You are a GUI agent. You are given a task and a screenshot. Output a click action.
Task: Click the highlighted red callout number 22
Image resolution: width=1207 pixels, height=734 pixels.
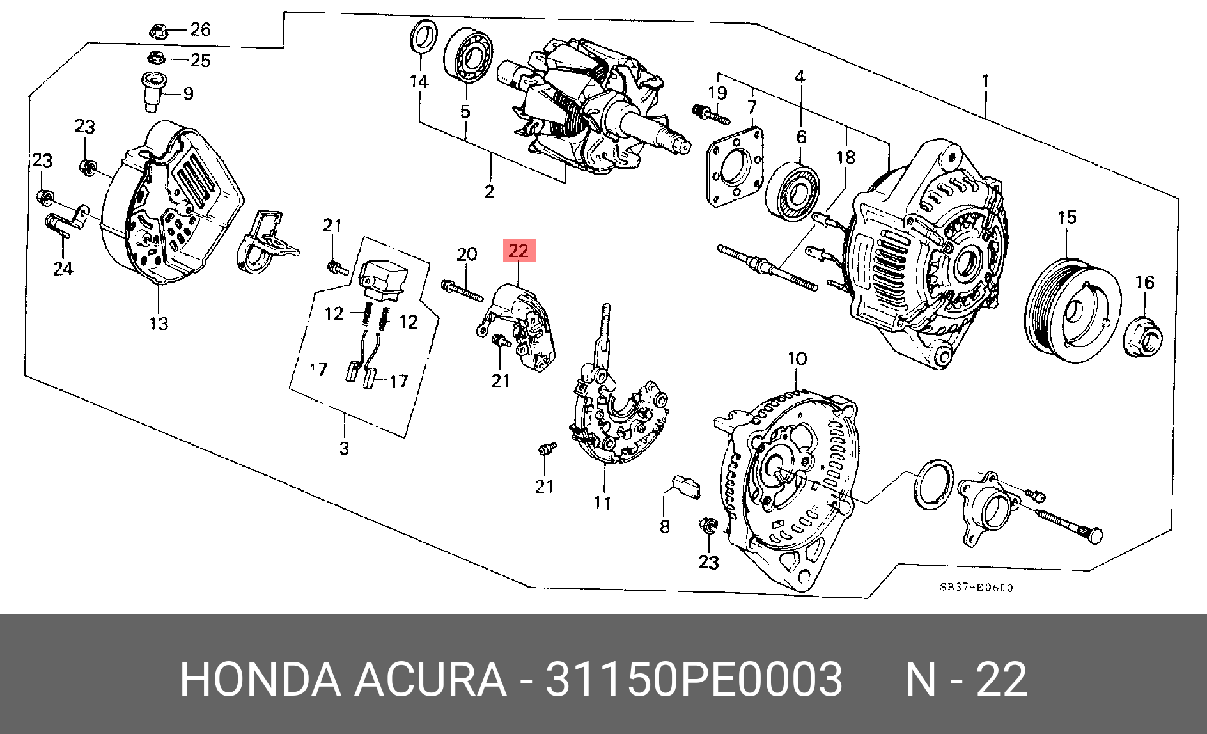518,251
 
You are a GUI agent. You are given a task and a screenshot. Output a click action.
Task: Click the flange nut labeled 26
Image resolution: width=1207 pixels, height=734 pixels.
158,30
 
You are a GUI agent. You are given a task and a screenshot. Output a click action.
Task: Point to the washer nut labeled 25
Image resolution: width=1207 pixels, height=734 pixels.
156,59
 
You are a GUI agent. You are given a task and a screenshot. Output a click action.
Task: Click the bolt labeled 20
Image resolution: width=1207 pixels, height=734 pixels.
462,291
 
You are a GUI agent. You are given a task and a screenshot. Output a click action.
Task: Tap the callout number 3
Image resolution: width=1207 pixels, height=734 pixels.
345,448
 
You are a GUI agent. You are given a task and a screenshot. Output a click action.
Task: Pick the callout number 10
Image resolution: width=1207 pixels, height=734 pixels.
797,359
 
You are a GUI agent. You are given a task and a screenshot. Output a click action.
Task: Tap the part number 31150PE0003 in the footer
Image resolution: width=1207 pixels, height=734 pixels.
693,679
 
